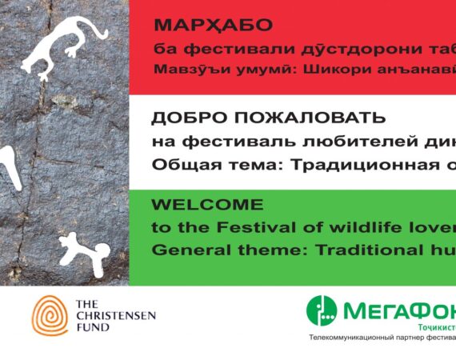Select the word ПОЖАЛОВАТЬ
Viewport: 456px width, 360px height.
[302, 118]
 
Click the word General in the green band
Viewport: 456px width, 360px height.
[182, 250]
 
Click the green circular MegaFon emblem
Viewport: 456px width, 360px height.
[322, 311]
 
